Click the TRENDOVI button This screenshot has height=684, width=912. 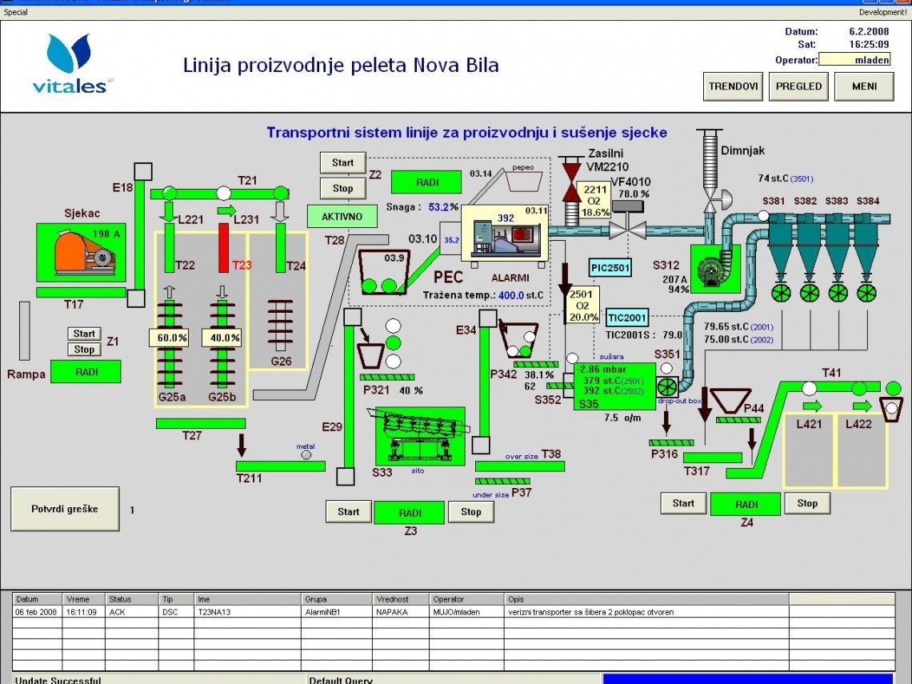tap(733, 86)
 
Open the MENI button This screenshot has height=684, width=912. tap(863, 86)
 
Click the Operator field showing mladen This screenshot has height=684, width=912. tap(854, 60)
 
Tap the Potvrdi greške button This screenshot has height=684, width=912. tap(65, 509)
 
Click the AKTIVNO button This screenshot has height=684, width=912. tap(342, 216)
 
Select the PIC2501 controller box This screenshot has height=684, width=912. tap(610, 267)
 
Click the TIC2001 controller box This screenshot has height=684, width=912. tap(626, 318)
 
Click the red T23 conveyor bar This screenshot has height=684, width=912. tap(223, 247)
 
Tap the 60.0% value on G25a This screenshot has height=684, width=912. tap(171, 338)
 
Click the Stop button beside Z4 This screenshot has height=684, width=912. tap(807, 503)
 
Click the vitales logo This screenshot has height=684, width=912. tap(69, 64)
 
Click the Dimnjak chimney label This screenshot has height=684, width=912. tap(743, 150)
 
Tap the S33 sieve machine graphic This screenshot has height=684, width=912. tap(419, 436)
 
